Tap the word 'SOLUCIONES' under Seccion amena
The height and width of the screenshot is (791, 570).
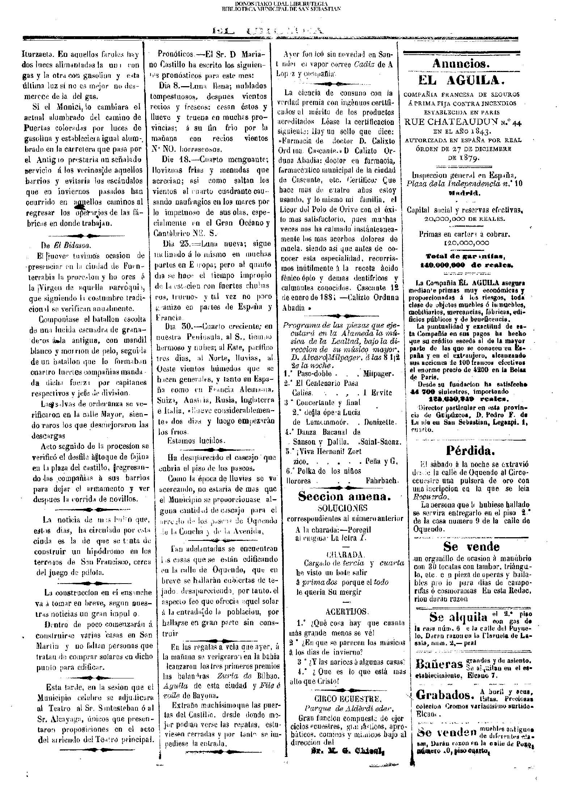342,508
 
